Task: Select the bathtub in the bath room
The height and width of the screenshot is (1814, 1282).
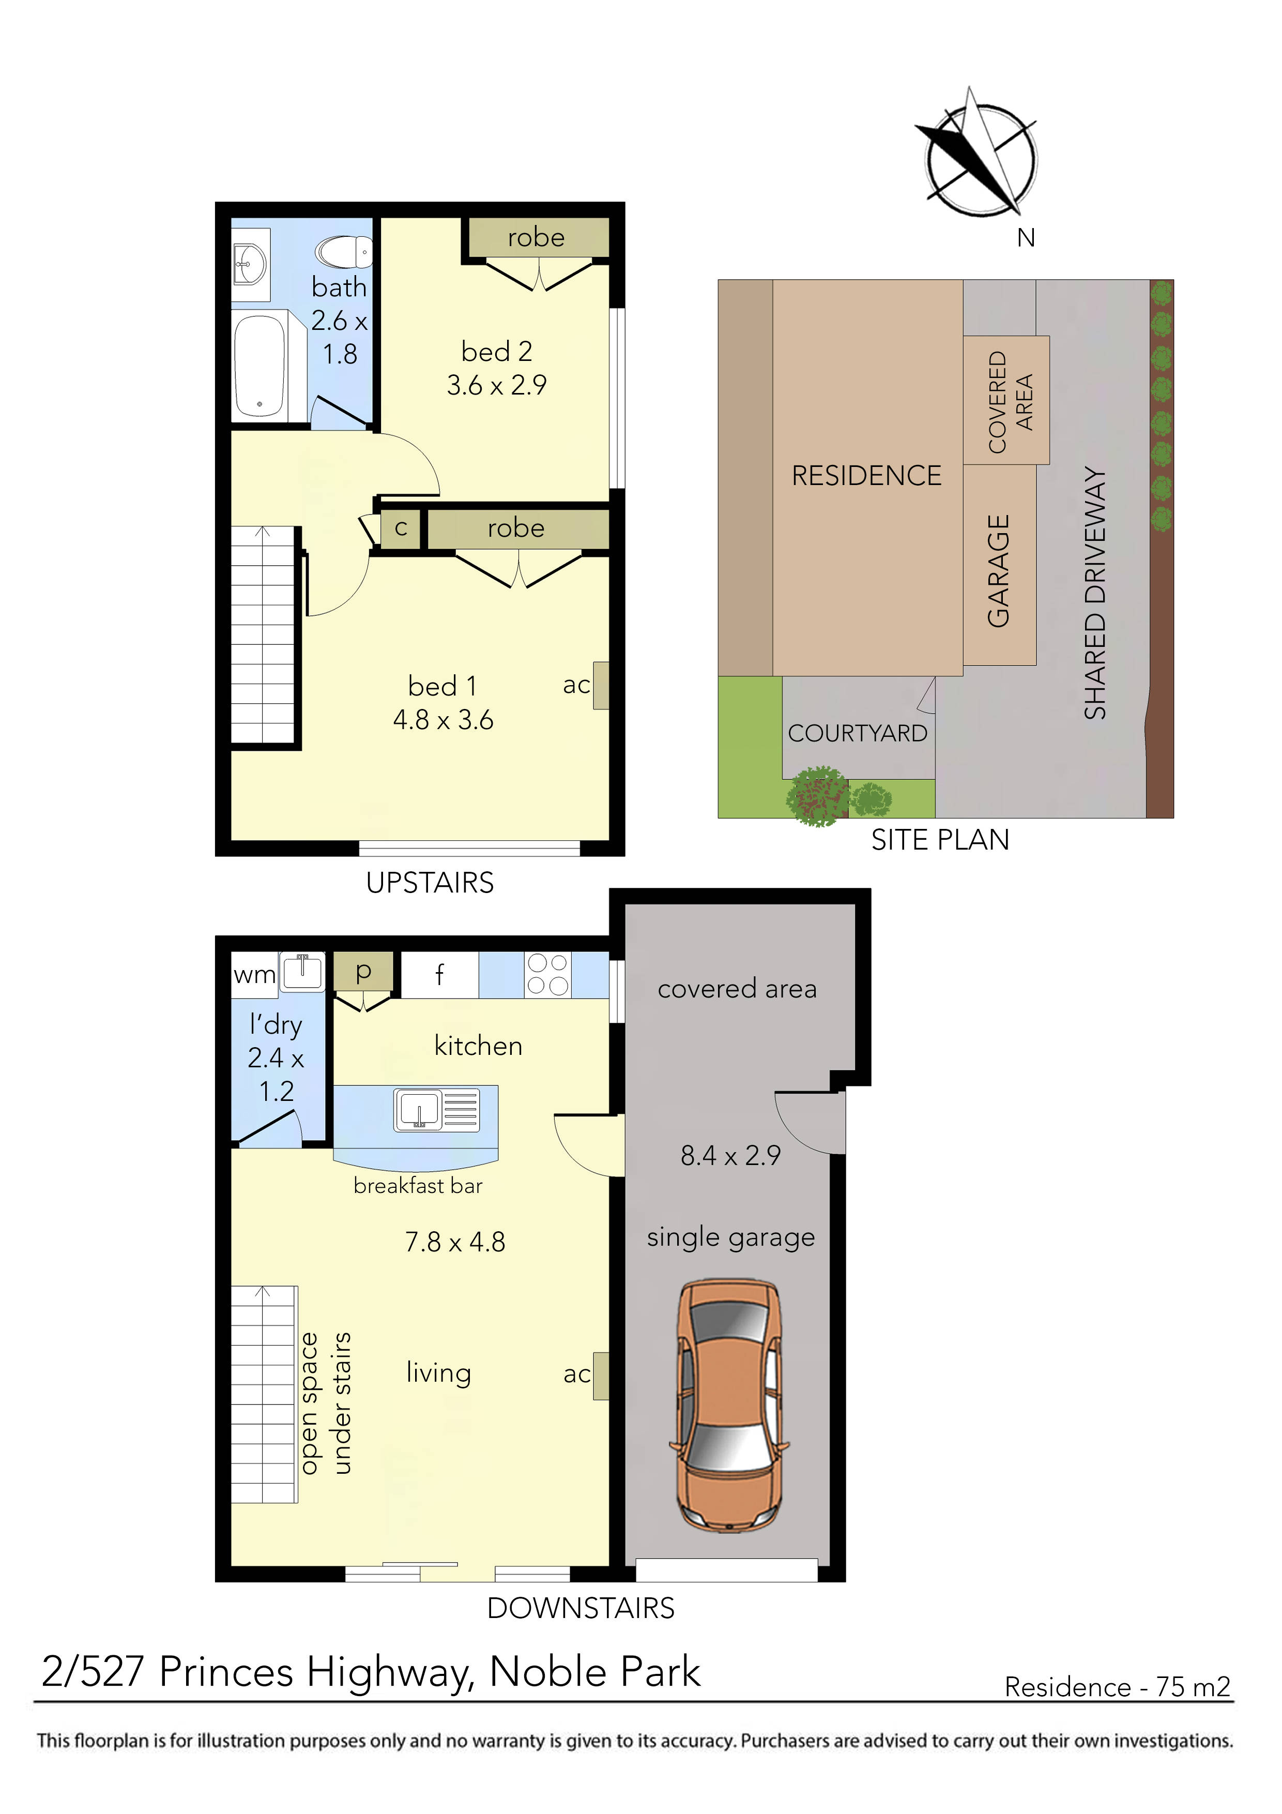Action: coord(260,364)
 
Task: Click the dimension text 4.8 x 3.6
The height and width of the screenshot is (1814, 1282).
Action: coord(442,720)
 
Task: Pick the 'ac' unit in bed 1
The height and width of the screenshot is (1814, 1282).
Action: coord(600,685)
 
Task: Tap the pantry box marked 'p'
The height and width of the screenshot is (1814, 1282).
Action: coord(362,971)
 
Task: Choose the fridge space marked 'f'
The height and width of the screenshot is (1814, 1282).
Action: coord(439,975)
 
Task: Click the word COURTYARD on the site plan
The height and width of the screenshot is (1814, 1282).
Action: coord(857,733)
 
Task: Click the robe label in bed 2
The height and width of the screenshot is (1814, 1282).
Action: coord(536,237)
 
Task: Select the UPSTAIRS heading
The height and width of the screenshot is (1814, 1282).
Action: coord(430,883)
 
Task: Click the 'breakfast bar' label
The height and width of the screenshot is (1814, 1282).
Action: coord(417,1186)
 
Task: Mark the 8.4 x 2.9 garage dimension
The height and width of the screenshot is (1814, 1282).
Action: coord(730,1155)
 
